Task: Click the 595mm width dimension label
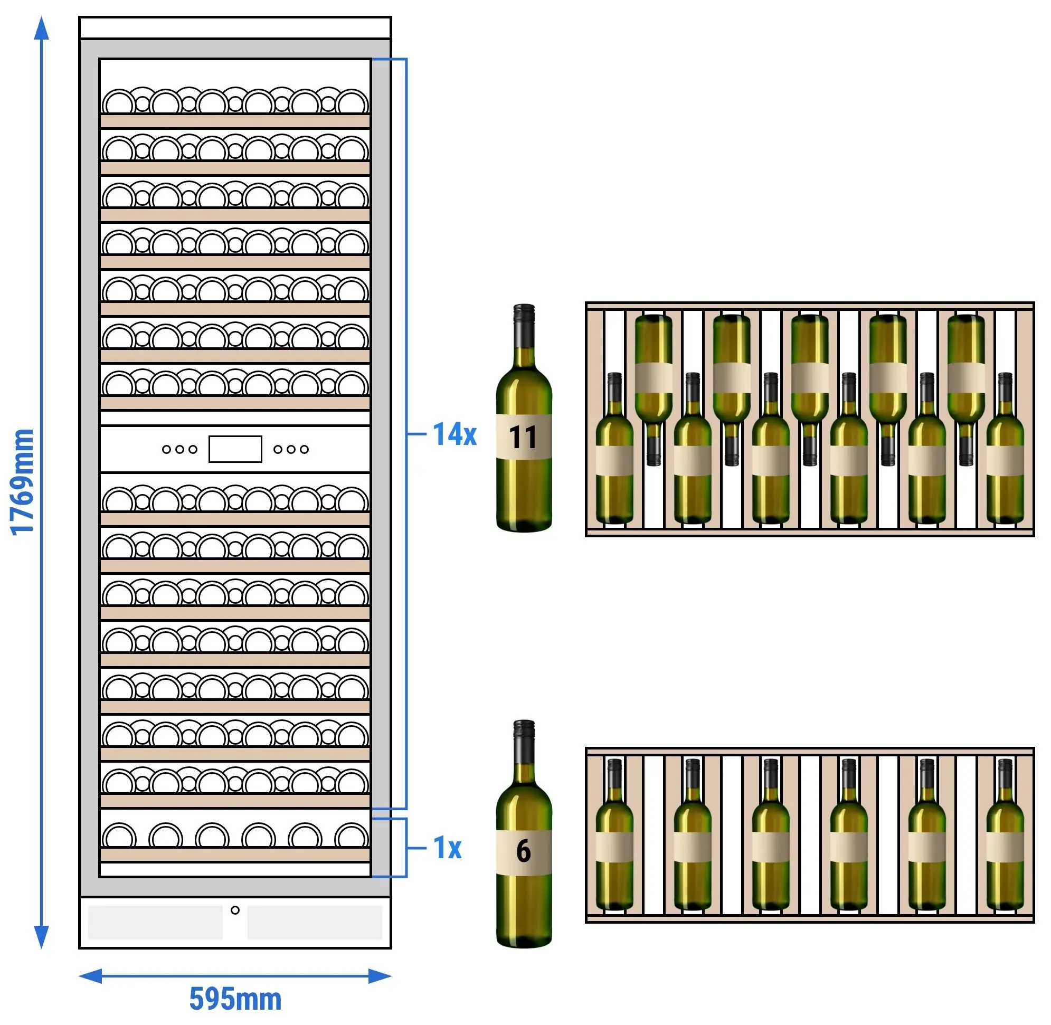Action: pos(235,999)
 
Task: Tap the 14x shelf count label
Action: pos(455,434)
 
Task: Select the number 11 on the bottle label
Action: pos(523,437)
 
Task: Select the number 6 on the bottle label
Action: pos(523,851)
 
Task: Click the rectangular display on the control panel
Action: pos(235,449)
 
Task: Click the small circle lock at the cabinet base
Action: pos(235,910)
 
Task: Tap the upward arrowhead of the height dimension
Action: pos(42,28)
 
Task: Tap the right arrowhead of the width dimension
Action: pos(380,976)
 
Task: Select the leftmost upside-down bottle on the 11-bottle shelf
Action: pos(654,390)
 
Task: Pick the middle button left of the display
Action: pos(180,449)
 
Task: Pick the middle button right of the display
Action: pos(291,449)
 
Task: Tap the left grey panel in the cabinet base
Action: pos(155,923)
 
